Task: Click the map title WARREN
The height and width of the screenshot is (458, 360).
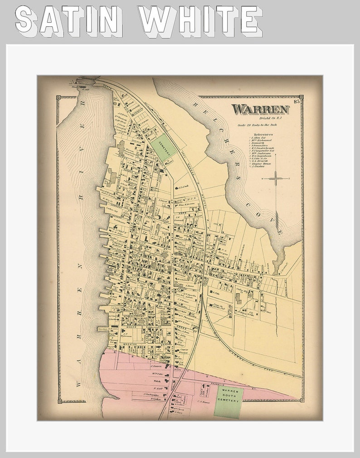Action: [260, 109]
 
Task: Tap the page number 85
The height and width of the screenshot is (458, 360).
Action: [297, 101]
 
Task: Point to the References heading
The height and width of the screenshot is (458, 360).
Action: [263, 135]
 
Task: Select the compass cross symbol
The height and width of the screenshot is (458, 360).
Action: [275, 178]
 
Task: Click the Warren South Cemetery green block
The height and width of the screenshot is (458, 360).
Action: [228, 401]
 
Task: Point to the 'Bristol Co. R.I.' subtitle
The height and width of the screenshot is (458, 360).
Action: [272, 118]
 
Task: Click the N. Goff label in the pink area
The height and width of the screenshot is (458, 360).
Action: [157, 388]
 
